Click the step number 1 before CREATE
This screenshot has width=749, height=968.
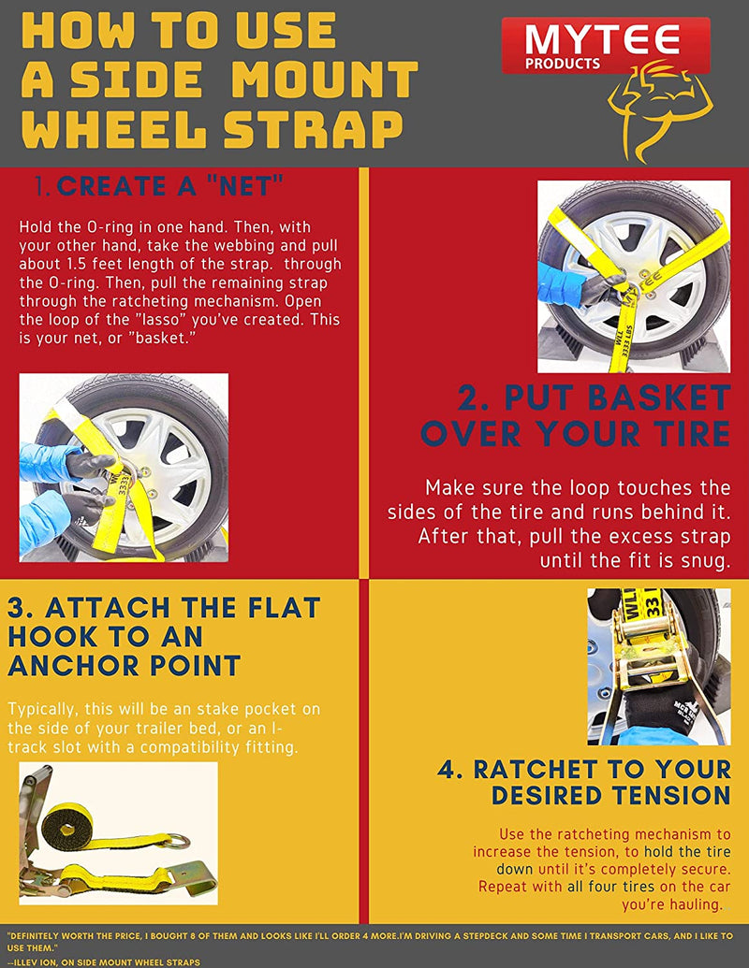[43, 186]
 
